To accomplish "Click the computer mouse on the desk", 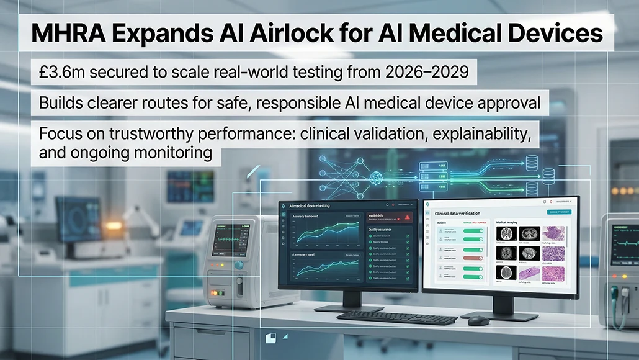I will (478, 320).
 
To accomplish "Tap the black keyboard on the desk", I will (397, 317).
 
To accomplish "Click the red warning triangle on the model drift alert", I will (407, 217).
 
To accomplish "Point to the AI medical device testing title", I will (320, 205).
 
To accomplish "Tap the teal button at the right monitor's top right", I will (558, 212).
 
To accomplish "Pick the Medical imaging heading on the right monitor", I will (512, 222).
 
